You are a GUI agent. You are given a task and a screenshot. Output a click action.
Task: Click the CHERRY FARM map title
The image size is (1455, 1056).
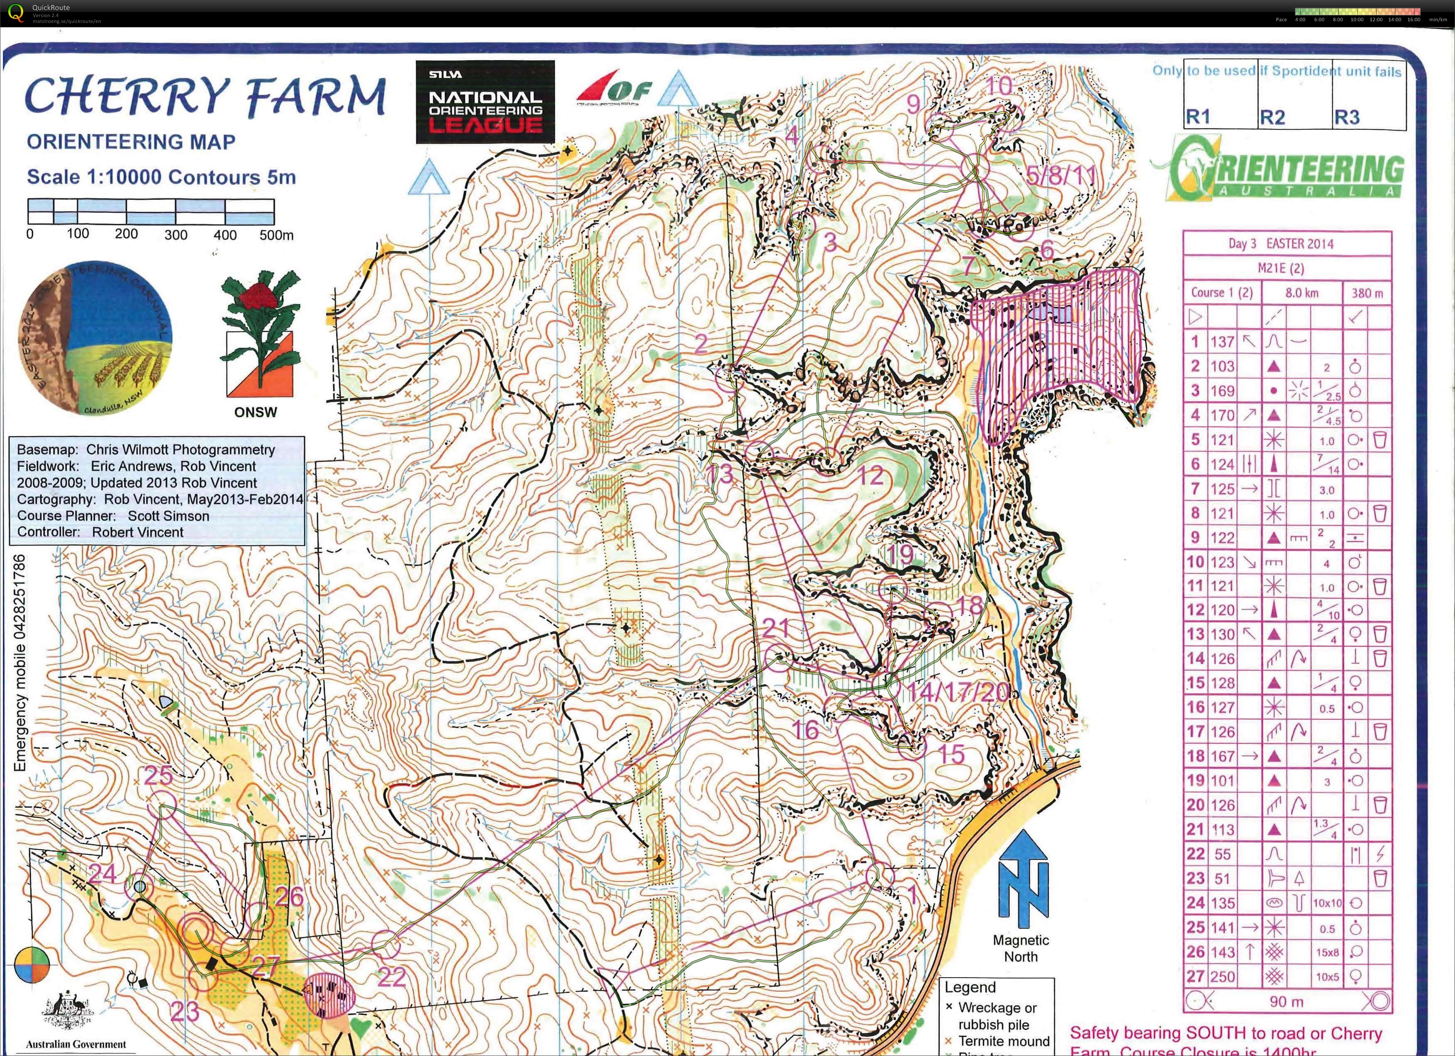[204, 96]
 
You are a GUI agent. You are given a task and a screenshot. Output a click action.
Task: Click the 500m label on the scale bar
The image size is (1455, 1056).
[276, 235]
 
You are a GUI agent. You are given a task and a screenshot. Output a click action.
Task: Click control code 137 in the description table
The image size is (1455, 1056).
[1222, 342]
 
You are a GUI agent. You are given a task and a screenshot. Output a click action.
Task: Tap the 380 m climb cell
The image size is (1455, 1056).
[1367, 293]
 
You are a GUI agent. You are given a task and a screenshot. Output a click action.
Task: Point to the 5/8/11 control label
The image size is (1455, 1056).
[1061, 175]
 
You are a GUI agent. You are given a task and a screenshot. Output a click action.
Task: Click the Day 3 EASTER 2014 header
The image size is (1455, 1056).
[1286, 244]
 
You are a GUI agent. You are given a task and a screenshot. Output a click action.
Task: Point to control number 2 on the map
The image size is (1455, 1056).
[701, 344]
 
